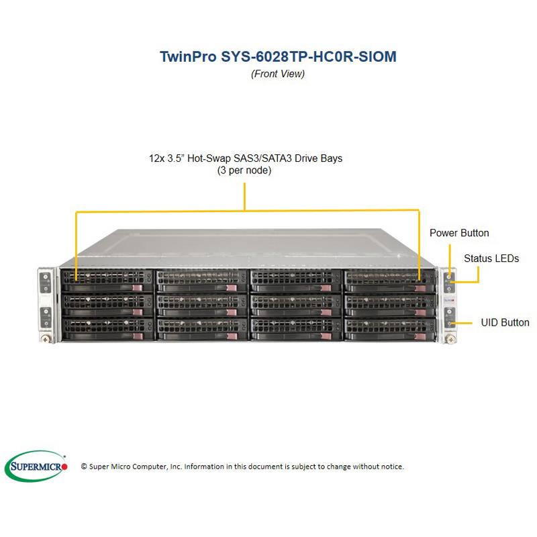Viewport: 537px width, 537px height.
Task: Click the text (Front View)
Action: [x=277, y=74]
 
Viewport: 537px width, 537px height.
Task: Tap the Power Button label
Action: [x=459, y=233]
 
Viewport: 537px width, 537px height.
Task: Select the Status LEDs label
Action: [x=491, y=258]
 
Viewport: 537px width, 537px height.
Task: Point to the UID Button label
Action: [x=505, y=323]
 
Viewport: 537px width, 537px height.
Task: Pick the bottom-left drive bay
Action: [x=106, y=328]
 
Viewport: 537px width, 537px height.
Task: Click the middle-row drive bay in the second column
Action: [x=200, y=303]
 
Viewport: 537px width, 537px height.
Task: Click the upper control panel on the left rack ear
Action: [x=46, y=281]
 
